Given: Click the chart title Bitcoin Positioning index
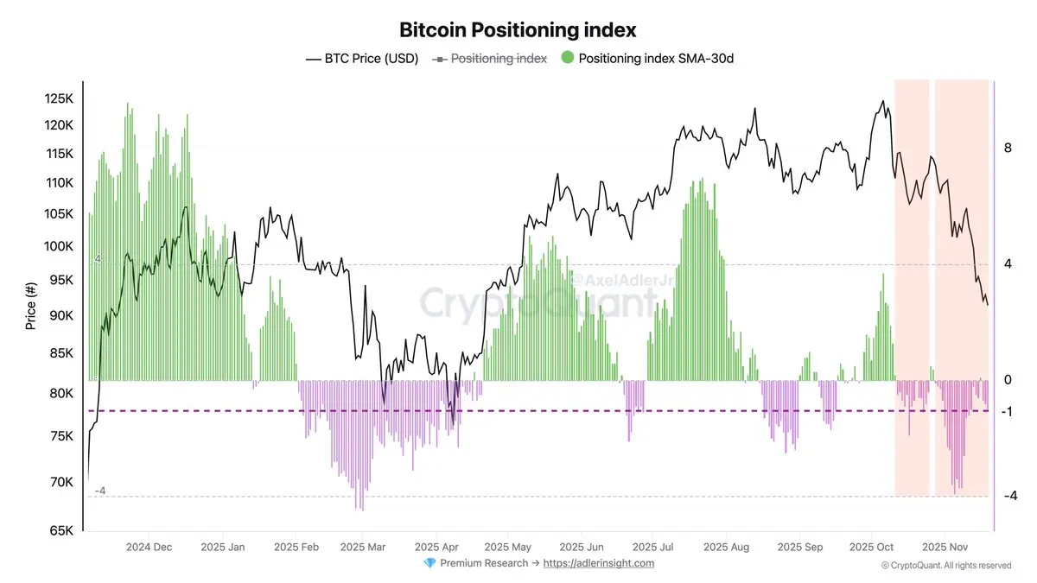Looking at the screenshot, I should [x=518, y=29].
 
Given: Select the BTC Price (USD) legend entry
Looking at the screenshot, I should [x=362, y=59].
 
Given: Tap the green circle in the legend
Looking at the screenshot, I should [x=567, y=59].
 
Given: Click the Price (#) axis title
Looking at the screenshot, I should [x=32, y=306].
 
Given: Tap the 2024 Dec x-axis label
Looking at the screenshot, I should [x=149, y=547].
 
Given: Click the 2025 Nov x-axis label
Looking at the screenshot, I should [x=945, y=547].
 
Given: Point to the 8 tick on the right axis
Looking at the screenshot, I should [x=1008, y=149].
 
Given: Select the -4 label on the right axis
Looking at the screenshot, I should [x=1008, y=496].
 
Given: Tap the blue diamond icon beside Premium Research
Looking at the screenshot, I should [x=429, y=563].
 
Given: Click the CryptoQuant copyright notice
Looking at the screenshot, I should [x=945, y=566].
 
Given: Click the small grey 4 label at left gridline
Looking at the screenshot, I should [x=98, y=259].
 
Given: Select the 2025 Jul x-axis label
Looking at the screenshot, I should [x=654, y=547].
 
